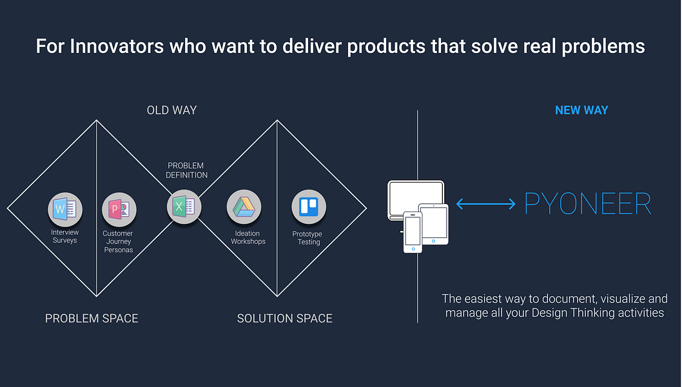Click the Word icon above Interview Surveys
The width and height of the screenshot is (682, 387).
tap(65, 210)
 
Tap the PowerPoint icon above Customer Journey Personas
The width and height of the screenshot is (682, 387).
tap(119, 210)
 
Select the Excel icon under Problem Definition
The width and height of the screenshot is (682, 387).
tap(184, 207)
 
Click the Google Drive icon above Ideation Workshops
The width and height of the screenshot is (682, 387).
tap(244, 207)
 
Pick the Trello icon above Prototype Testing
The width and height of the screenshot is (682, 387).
tap(309, 207)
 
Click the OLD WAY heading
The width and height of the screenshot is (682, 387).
tap(172, 110)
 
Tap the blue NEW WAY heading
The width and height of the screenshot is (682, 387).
tap(581, 110)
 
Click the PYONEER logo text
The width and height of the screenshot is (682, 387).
tap(588, 203)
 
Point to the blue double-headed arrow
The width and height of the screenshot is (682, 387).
tap(486, 203)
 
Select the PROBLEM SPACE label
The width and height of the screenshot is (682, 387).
tap(92, 318)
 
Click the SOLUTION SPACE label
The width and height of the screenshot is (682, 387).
tap(285, 318)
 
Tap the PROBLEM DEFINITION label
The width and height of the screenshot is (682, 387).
tap(186, 170)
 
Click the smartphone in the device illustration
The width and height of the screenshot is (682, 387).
tap(413, 232)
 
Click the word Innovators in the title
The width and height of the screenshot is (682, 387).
tap(117, 46)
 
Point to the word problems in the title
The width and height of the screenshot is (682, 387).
tap(603, 47)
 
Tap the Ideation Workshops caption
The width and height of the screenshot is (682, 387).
tap(248, 237)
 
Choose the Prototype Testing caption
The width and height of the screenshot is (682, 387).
tap(307, 238)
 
